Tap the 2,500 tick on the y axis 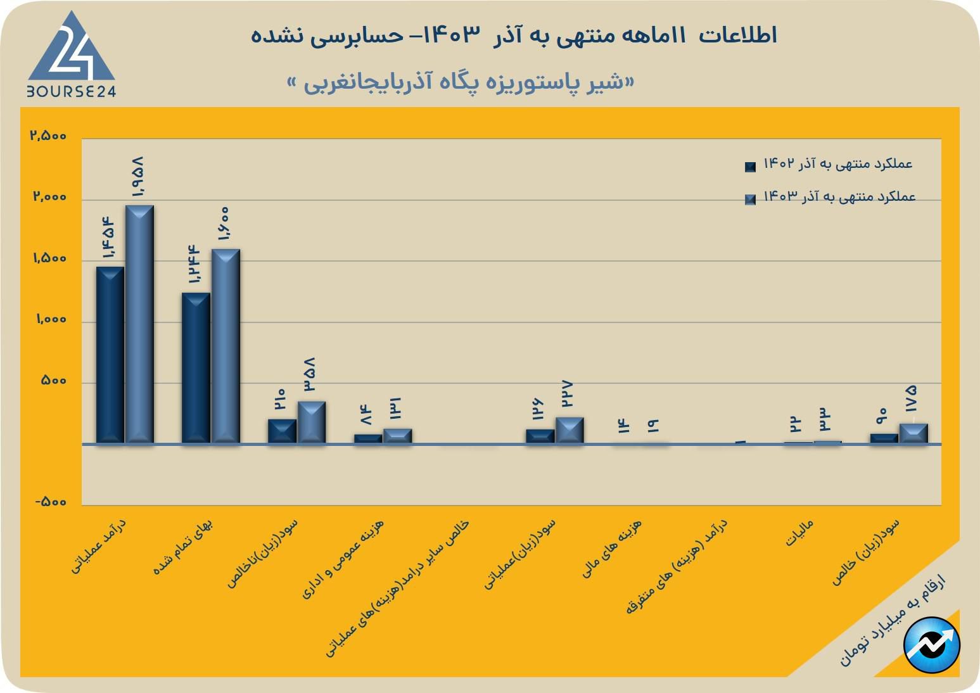pos(48,136)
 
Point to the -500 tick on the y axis pos(50,502)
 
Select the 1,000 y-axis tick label pos(50,319)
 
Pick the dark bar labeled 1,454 pos(110,355)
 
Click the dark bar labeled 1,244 pos(196,367)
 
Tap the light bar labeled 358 pos(312,422)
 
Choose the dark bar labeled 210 pos(282,431)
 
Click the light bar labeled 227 pos(570,430)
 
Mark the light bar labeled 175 pos(913,433)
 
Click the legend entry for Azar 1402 pos(830,165)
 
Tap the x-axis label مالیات pos(799,533)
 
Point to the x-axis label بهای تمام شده pos(184,546)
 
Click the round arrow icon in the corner pos(932,645)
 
